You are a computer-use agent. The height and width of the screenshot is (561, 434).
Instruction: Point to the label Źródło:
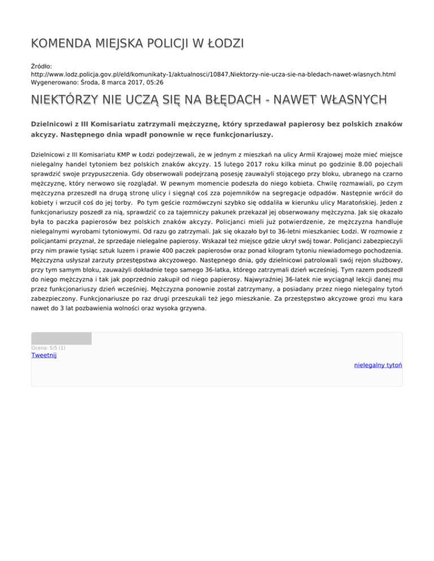click(x=41, y=66)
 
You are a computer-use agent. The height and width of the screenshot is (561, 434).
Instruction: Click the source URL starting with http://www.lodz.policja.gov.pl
click(x=213, y=74)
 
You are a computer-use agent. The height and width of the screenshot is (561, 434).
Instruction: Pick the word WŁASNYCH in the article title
click(x=351, y=100)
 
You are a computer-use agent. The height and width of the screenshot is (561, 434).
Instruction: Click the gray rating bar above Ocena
click(x=61, y=339)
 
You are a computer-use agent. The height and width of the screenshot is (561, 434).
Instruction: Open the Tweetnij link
click(x=44, y=355)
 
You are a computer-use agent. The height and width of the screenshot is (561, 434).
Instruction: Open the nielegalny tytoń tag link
click(x=377, y=366)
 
